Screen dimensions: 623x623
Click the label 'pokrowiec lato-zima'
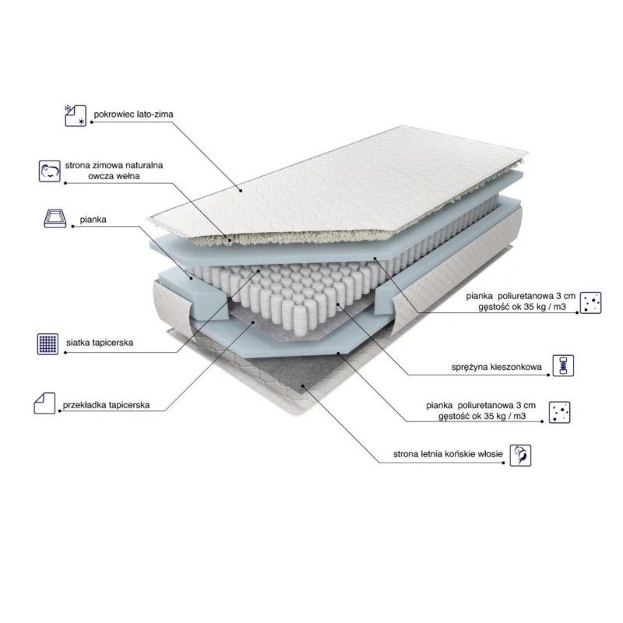pos(133,114)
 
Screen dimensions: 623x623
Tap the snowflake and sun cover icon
pos(76,115)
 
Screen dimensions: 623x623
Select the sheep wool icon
pos(50,171)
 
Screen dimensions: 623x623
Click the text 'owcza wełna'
pos(114,177)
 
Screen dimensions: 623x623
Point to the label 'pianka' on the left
pos(93,220)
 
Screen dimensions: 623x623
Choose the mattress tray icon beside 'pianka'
pos(55,218)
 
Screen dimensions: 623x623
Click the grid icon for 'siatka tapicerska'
pos(48,343)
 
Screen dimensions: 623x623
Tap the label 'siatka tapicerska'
pos(100,343)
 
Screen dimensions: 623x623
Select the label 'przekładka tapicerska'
pos(106,405)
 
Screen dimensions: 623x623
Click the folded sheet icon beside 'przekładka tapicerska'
pos(44,403)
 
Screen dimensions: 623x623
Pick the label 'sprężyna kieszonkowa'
pos(496,367)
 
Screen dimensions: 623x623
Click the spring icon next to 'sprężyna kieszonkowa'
pos(563,365)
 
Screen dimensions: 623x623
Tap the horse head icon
pos(520,456)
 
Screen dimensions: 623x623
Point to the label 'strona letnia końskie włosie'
pos(448,454)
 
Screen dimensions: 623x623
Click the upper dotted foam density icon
pos(590,303)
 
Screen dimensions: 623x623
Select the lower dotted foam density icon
pos(559,412)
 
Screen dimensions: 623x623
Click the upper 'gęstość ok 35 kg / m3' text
pos(522,307)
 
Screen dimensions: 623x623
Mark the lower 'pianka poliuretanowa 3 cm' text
pos(480,406)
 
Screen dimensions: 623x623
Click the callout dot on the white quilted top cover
pos(241,191)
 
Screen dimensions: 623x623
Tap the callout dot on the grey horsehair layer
pos(303,385)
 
